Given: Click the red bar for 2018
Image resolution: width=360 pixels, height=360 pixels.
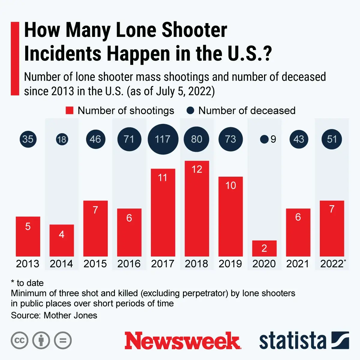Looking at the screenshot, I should (x=197, y=210).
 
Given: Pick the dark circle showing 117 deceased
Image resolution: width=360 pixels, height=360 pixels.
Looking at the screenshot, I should (x=163, y=139).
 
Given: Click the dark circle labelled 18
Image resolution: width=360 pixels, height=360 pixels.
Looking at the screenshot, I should (x=62, y=139).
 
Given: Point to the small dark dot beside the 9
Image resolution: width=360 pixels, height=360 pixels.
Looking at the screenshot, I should (x=264, y=139).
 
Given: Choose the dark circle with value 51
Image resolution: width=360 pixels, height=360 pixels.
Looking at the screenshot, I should (x=332, y=139).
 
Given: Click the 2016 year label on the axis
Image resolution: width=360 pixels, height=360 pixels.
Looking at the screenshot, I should (x=129, y=264).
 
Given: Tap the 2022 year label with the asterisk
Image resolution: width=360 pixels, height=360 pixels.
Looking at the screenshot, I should (x=332, y=264).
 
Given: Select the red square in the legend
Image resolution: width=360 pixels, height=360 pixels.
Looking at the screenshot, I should (x=70, y=111).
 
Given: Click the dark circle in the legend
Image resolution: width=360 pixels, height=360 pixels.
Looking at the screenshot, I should (x=190, y=111).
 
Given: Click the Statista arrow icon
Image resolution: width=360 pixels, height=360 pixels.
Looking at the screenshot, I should (x=340, y=340).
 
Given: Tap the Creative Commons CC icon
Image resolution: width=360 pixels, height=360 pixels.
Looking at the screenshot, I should (x=19, y=340).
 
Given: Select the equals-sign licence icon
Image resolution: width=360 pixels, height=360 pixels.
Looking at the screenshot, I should (x=63, y=340).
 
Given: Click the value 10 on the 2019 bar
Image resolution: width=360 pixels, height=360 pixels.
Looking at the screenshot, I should (x=230, y=185).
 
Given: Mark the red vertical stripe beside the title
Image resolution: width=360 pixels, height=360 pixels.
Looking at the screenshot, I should (x=15, y=58).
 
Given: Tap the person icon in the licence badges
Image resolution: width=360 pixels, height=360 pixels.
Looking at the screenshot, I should (x=41, y=340).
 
